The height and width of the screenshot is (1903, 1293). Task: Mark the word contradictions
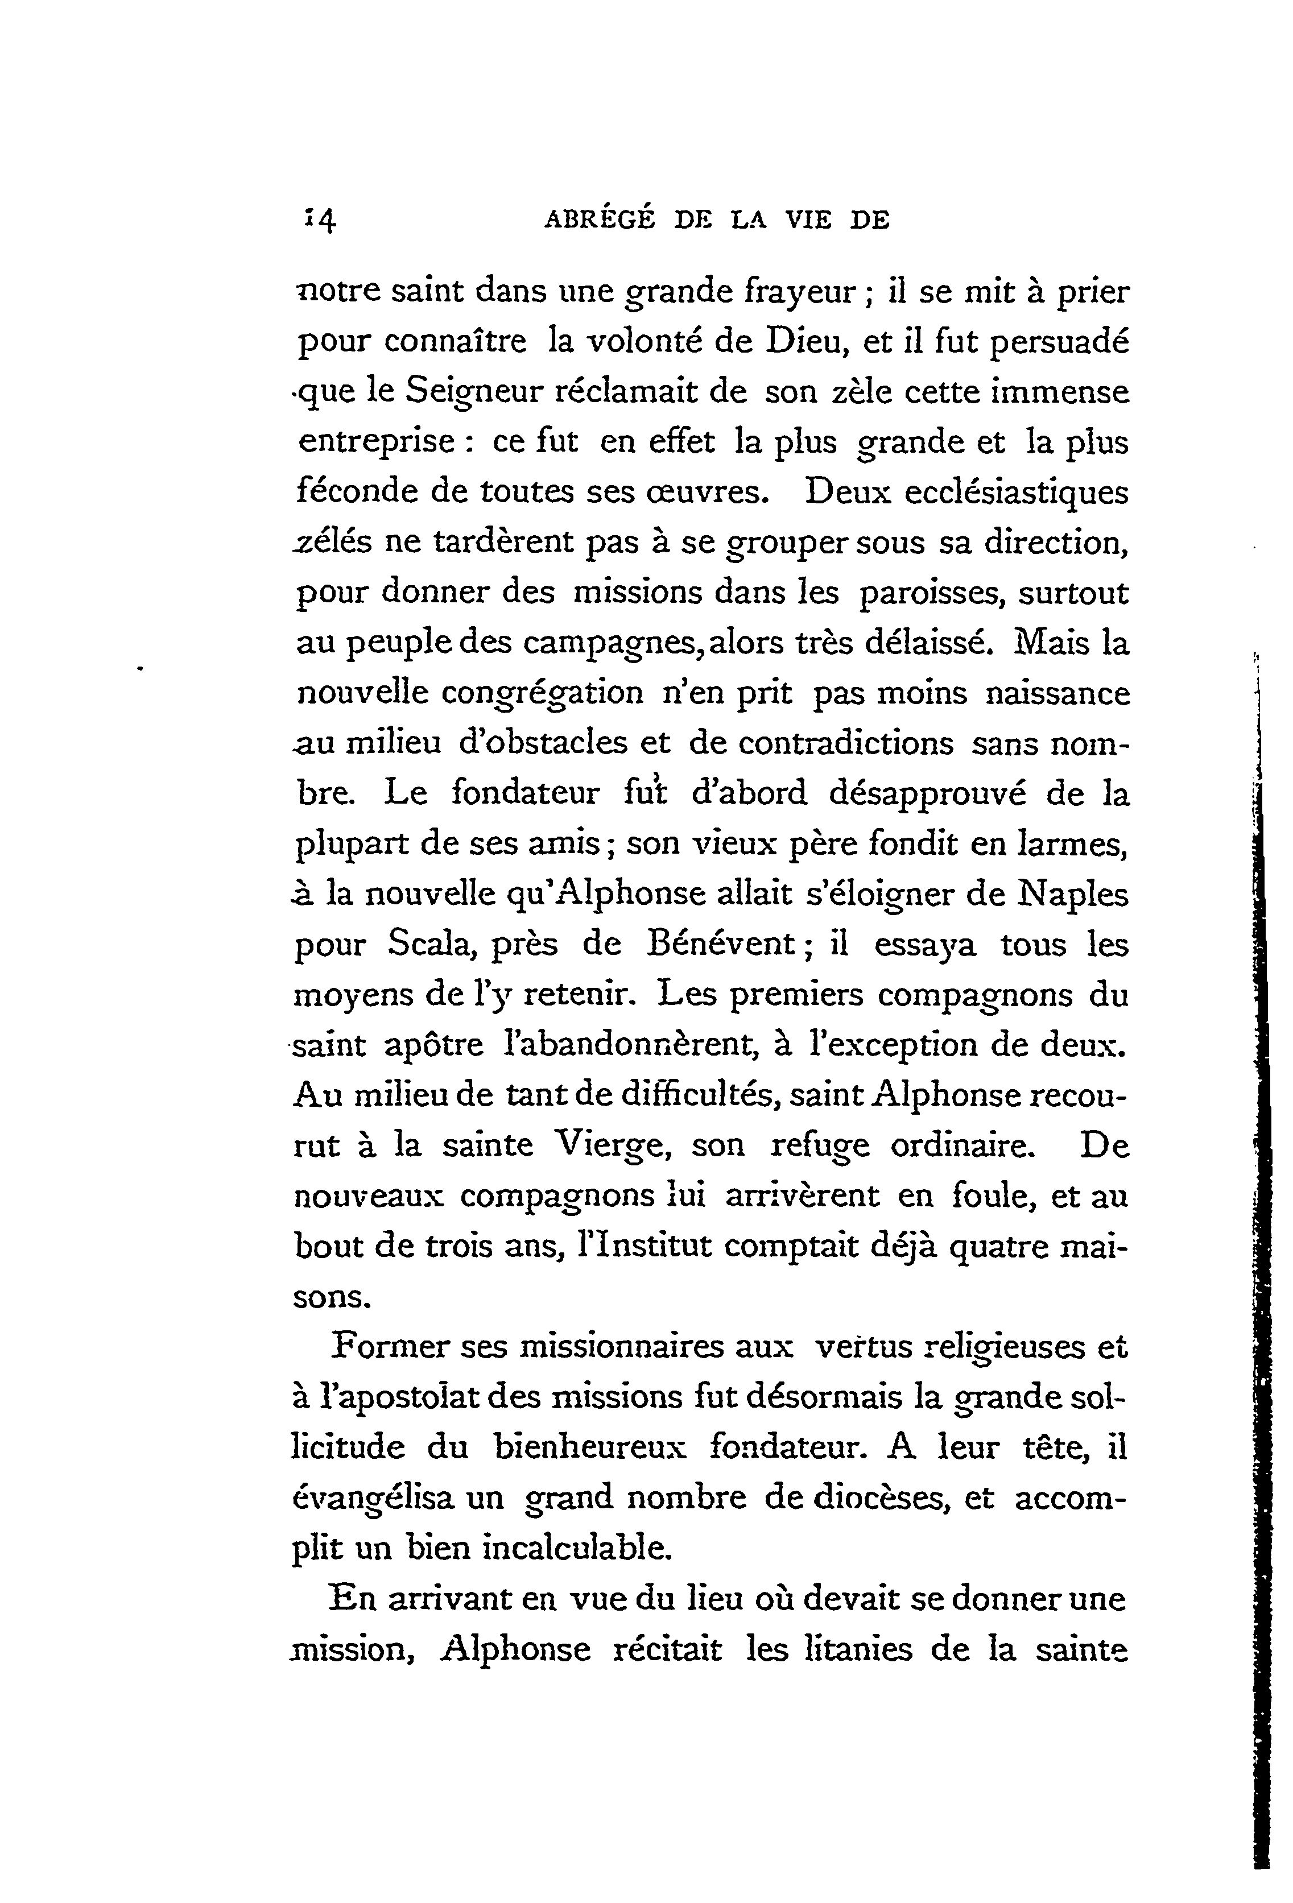coord(845,743)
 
